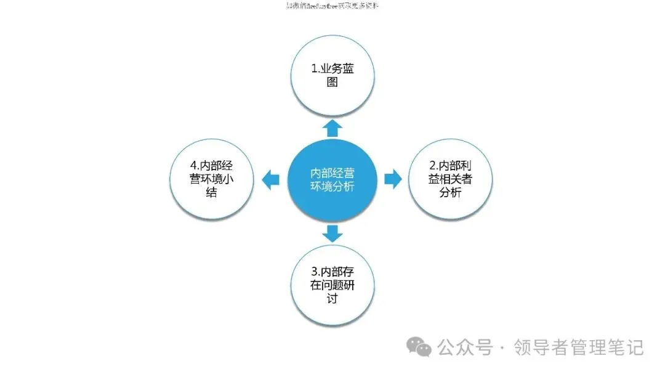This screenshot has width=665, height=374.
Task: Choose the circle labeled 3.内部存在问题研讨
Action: point(332,285)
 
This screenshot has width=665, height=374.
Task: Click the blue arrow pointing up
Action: point(332,128)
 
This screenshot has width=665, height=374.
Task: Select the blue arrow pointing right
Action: point(393,179)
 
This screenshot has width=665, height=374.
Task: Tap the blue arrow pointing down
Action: point(332,233)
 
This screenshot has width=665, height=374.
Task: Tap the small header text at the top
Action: point(332,6)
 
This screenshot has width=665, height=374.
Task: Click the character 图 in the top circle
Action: point(332,83)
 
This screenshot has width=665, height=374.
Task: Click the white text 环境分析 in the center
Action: point(332,187)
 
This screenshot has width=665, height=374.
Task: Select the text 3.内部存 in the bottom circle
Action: point(332,271)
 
